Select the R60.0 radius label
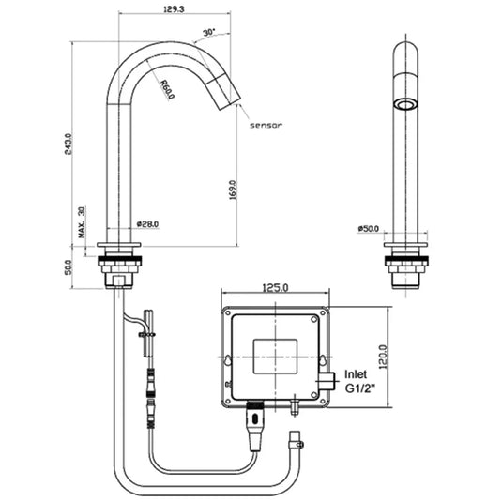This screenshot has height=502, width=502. pos(166,90)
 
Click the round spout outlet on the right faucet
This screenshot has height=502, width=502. pos(406,103)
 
